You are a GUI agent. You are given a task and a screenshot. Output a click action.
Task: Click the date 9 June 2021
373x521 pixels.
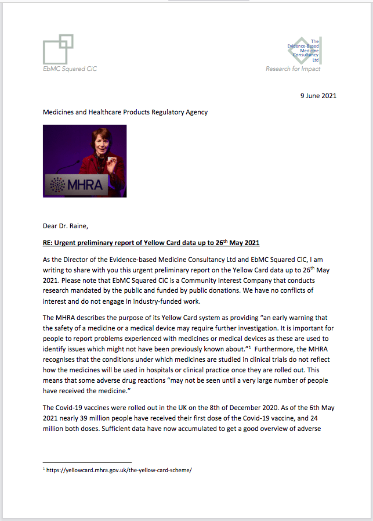tap(317, 96)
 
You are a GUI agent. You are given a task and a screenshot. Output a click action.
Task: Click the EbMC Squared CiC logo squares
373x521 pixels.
tap(59, 48)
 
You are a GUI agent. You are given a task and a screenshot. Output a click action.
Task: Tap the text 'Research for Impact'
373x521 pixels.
tap(292, 69)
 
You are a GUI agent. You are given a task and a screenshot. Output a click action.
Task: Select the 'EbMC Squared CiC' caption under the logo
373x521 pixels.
tap(70, 69)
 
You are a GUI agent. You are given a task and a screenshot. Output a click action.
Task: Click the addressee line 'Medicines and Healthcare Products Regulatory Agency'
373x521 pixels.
tap(125, 112)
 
